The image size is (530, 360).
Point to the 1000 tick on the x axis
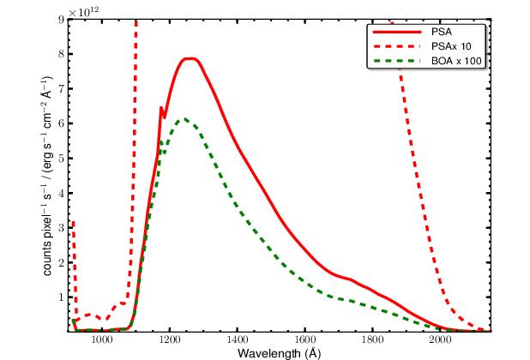102,340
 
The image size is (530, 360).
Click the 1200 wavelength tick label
170,340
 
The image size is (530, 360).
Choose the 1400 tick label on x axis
238,340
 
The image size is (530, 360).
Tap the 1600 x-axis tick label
305,340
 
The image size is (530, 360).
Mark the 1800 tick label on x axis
372,340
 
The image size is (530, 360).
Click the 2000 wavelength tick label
440,340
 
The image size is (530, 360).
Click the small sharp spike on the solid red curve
160,108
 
